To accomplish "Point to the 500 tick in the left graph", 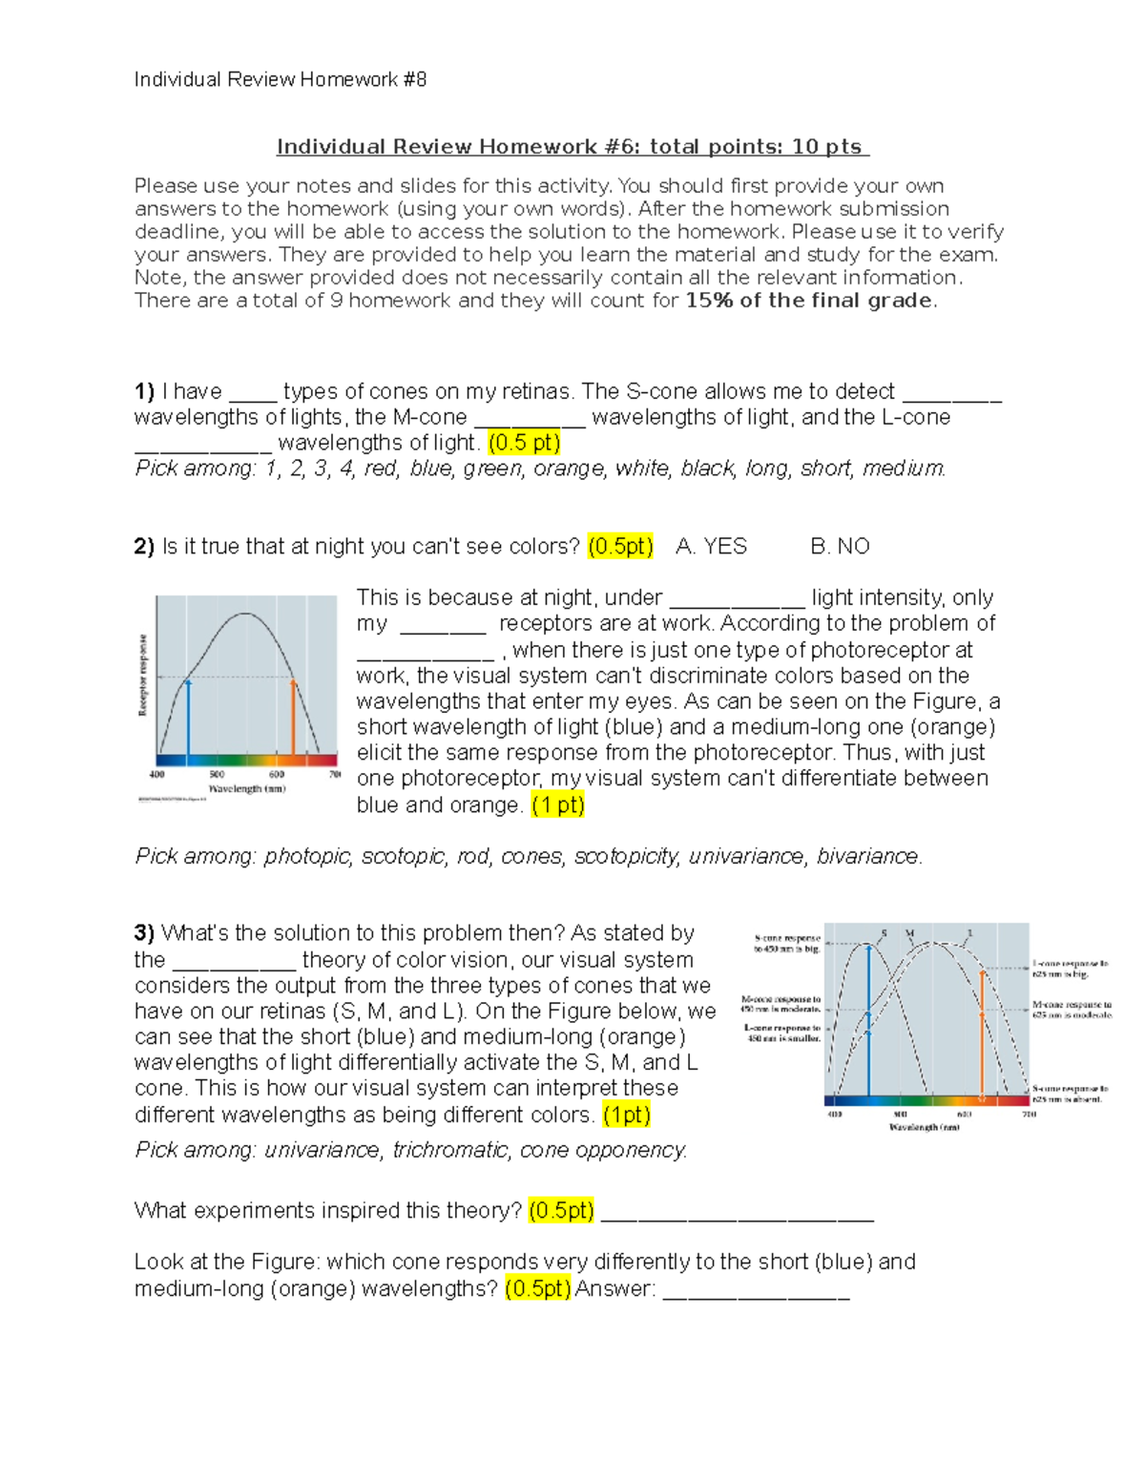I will (x=217, y=775).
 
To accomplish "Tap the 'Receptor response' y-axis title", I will (x=144, y=675).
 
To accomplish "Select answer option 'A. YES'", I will (x=711, y=547).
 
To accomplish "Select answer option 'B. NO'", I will (x=840, y=547).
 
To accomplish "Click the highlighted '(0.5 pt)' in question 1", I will (x=524, y=443).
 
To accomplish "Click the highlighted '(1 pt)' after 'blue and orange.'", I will (x=558, y=805).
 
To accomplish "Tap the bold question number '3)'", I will (x=144, y=933).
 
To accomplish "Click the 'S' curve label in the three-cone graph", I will (x=884, y=933).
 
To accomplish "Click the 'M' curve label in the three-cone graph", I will (x=910, y=933).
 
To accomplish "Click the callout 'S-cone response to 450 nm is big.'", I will (x=786, y=943).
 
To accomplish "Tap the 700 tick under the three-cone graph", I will (x=1029, y=1114).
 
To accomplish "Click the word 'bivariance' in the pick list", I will (x=867, y=857).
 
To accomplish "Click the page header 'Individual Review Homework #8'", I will (x=280, y=80).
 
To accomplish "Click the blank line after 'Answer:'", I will (x=755, y=1290).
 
